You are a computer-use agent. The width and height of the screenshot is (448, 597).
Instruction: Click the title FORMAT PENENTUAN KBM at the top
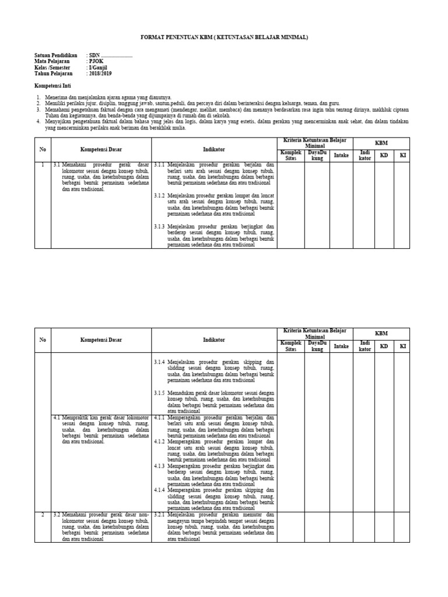pos(225,37)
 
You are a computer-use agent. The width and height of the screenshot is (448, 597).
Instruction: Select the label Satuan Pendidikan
pos(57,55)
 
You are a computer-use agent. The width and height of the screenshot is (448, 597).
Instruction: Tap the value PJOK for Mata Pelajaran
pos(96,61)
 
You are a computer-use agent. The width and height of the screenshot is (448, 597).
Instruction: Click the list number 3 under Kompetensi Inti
pos(38,109)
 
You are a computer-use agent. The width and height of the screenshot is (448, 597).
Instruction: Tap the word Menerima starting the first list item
pos(57,96)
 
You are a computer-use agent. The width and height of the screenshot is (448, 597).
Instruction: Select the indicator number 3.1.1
pos(159,165)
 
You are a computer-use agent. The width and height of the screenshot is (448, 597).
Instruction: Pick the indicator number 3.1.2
pos(159,196)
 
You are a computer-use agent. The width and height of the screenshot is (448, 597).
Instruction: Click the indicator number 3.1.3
pos(159,226)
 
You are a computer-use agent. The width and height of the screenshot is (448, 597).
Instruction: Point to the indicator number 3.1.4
pos(159,361)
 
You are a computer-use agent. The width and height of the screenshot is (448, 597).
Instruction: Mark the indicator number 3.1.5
pos(159,392)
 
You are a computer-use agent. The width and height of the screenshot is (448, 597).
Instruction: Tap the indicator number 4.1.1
pos(159,417)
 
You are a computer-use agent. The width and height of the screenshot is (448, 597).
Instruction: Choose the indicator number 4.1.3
pos(159,466)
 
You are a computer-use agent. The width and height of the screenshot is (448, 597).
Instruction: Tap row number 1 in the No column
pos(43,165)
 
